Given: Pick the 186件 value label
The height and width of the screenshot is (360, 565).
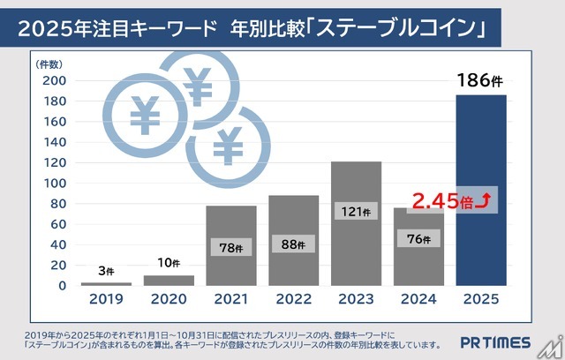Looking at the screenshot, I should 482,83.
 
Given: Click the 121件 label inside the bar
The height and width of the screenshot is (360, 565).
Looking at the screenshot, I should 356,212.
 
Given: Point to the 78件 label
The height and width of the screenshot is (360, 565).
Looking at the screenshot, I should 231,248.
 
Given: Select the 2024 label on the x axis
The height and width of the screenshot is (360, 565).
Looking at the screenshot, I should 418,298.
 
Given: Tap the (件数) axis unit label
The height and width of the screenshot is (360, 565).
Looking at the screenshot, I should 49,64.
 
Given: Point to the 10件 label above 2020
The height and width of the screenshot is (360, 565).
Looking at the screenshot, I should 168,262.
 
